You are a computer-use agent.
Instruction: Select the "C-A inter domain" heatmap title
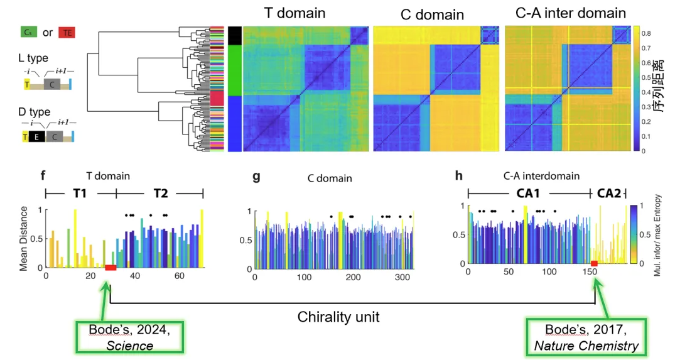(x=565, y=13)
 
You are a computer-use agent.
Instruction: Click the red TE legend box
(x=66, y=33)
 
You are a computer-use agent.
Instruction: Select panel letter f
(x=43, y=176)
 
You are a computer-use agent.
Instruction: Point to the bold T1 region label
(x=81, y=194)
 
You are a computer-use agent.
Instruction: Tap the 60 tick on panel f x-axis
(x=179, y=276)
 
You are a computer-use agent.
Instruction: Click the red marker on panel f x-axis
(x=111, y=268)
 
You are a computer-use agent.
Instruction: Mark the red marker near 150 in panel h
(x=595, y=262)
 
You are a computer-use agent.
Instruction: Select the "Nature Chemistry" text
(x=586, y=345)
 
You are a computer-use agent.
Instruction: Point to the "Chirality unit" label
(x=338, y=317)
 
